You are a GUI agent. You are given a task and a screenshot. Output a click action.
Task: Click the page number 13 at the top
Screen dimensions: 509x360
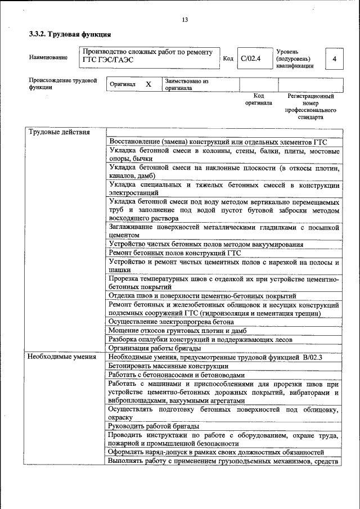click(x=185, y=20)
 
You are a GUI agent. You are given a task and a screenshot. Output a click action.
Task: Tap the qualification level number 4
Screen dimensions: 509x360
click(x=335, y=58)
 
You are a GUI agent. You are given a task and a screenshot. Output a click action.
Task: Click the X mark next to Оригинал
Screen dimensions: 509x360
click(x=148, y=84)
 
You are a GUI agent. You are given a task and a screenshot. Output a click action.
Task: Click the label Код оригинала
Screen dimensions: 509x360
click(x=258, y=100)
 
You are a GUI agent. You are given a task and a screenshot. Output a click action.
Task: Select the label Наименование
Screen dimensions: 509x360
click(x=48, y=57)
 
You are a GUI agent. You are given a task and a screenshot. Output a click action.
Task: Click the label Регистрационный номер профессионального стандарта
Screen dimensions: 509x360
click(x=310, y=107)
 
